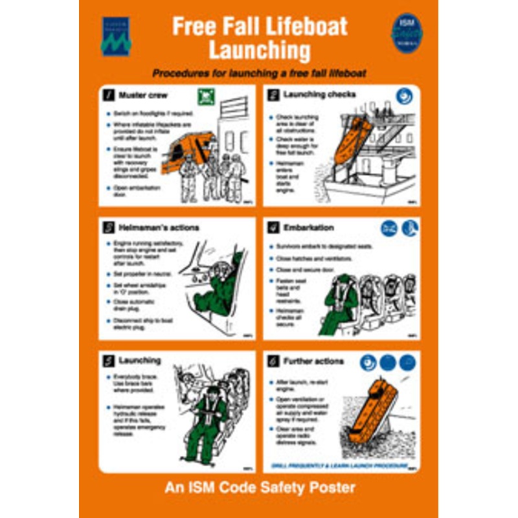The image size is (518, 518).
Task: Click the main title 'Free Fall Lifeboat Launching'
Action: (259, 38)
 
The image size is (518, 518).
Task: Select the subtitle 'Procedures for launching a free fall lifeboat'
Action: (259, 73)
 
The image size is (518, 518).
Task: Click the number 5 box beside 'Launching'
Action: (109, 361)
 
